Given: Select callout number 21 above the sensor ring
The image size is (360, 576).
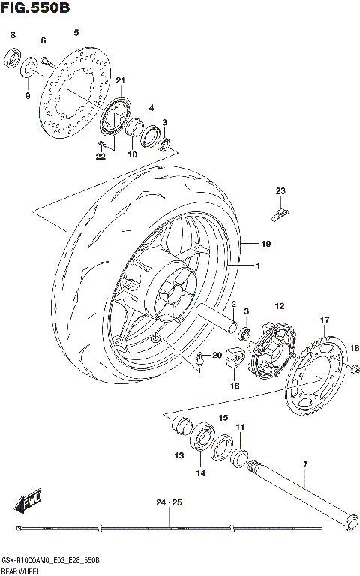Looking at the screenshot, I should (x=120, y=81).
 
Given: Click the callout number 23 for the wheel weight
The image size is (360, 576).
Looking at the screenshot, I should (x=280, y=190).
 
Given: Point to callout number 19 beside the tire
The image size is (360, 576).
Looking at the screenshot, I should (x=265, y=244).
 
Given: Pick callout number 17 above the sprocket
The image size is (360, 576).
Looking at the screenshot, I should (x=325, y=321).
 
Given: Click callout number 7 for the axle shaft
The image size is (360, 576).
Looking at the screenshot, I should (x=305, y=466).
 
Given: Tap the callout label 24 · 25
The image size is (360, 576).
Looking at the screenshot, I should (x=169, y=502).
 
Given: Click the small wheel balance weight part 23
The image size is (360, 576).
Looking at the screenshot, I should (x=278, y=214).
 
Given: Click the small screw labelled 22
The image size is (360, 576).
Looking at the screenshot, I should (x=100, y=142).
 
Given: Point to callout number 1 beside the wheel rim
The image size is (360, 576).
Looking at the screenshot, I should (x=257, y=266).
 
